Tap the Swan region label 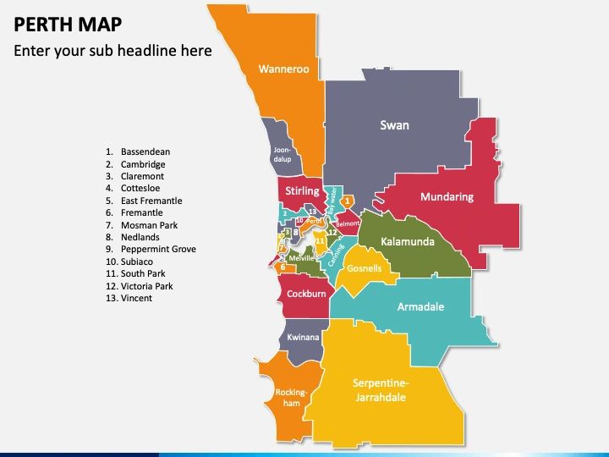[x=394, y=125]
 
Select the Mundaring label [x=447, y=197]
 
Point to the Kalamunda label [x=408, y=242]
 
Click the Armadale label [x=420, y=307]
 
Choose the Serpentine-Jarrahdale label [x=381, y=388]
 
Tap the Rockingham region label [x=289, y=398]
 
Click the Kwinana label [x=303, y=338]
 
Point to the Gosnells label [x=365, y=268]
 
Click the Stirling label [x=302, y=191]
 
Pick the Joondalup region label [x=283, y=153]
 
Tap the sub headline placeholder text [x=112, y=51]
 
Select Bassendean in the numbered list [x=145, y=152]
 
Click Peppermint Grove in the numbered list [x=158, y=250]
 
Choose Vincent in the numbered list [x=136, y=299]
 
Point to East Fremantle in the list [x=151, y=201]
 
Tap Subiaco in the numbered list [x=139, y=262]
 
